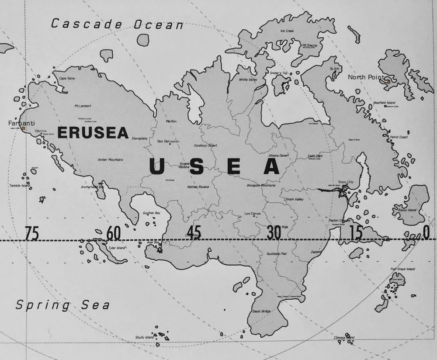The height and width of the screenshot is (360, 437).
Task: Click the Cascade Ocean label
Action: click(x=117, y=24)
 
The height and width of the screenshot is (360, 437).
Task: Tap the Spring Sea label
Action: click(x=62, y=305)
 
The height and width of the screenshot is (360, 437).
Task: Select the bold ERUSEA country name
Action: click(x=93, y=132)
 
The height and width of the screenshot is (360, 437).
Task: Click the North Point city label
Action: click(x=366, y=77)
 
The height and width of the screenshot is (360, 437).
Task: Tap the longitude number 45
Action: click(x=194, y=232)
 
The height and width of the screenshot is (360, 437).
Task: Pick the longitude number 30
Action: click(x=274, y=233)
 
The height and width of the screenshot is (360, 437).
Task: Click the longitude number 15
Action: click(x=356, y=233)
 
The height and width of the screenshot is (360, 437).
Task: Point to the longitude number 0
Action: click(x=427, y=233)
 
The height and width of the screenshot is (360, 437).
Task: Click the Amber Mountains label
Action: click(x=111, y=160)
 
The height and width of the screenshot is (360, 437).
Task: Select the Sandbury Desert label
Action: click(x=205, y=145)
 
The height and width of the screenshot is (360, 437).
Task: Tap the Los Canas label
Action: click(x=253, y=214)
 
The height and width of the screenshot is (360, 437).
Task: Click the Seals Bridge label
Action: click(x=262, y=311)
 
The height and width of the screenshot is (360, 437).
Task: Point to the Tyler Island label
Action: click(x=117, y=248)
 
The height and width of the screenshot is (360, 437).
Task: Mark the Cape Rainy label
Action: click(x=67, y=79)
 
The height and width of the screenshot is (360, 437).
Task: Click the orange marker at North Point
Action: click(x=388, y=81)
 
